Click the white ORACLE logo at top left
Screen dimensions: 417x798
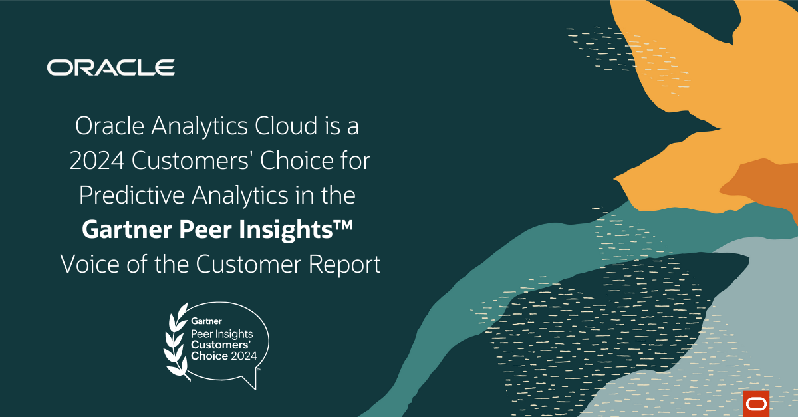pos(110,67)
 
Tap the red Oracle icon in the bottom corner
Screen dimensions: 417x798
pos(755,404)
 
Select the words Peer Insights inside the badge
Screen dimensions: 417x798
pos(219,333)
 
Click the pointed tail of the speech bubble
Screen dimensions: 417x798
pos(253,384)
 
